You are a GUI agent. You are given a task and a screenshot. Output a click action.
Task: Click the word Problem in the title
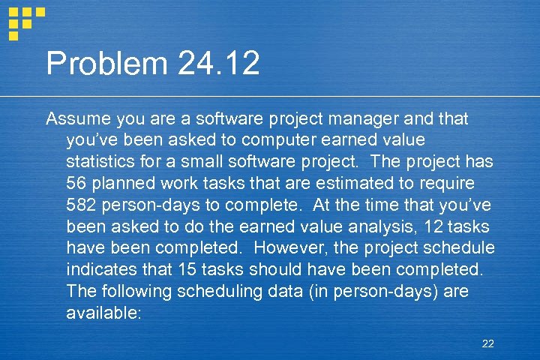(106, 64)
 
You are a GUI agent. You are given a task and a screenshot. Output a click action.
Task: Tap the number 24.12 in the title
(219, 64)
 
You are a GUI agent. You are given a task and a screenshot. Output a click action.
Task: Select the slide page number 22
(488, 343)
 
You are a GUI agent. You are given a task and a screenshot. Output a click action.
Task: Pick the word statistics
(103, 162)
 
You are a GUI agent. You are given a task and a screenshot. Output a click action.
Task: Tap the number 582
(82, 205)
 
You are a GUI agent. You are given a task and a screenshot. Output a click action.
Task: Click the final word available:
(103, 313)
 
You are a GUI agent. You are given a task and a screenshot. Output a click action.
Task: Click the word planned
(127, 184)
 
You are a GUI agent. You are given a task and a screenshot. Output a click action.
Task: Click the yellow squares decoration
(25, 22)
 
